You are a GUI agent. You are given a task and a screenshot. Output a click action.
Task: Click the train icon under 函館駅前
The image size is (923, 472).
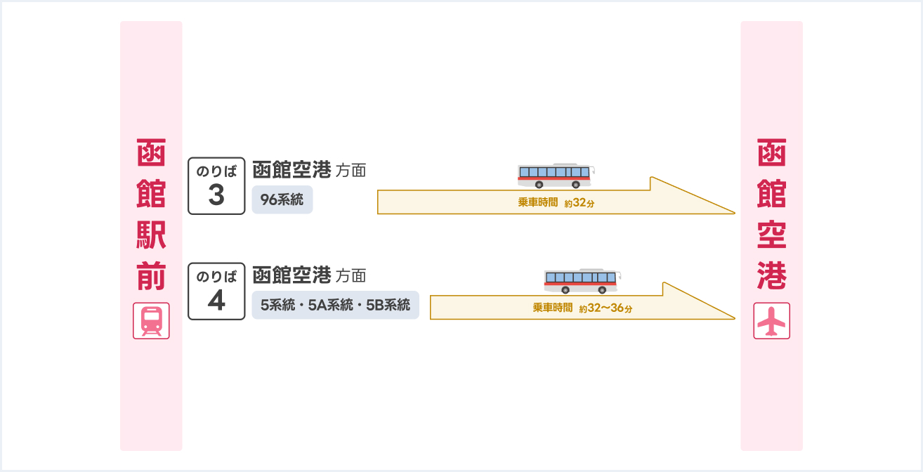151,322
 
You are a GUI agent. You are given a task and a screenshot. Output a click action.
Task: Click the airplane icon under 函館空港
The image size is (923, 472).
771,321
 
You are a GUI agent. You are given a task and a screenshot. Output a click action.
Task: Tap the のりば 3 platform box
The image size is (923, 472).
216,186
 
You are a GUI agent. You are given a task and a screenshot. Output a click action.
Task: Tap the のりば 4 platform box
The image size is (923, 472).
216,291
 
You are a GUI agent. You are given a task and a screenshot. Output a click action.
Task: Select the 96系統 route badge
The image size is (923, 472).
282,200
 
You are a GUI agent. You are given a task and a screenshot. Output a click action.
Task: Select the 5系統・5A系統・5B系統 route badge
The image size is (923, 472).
335,306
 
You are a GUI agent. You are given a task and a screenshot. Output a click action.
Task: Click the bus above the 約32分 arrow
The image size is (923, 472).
556,176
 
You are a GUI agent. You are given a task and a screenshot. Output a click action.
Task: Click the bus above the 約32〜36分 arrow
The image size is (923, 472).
582,281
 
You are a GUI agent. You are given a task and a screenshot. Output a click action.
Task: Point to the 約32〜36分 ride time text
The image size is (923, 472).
605,308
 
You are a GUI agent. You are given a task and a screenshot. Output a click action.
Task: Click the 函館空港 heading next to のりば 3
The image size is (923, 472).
292,170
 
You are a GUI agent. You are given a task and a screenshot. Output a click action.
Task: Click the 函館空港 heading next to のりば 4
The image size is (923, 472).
292,275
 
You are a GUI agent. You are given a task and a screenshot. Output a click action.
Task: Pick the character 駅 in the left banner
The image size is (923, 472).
151,236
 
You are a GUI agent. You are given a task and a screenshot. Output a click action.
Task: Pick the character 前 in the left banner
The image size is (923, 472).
151,277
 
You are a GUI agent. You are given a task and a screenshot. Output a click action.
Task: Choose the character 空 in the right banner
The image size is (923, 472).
771,236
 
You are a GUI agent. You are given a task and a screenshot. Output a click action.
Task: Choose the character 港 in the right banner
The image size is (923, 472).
771,277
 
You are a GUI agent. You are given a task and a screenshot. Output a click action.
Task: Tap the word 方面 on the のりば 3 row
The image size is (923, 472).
351,171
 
